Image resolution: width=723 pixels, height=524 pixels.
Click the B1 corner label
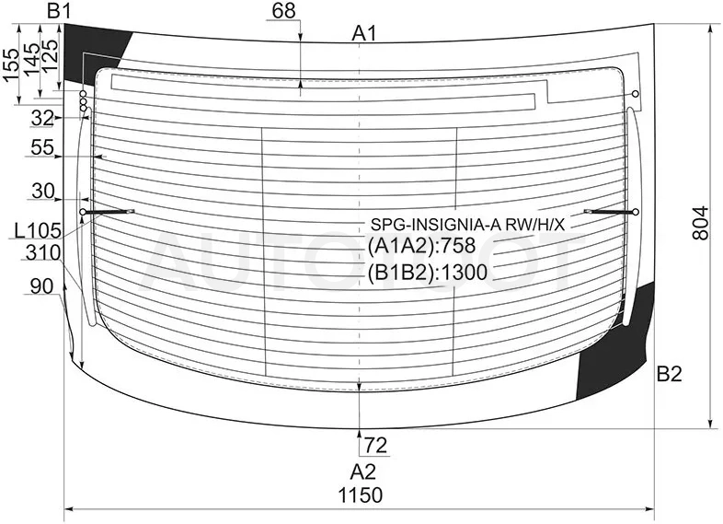tap(59, 11)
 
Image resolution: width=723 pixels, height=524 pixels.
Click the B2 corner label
tap(669, 374)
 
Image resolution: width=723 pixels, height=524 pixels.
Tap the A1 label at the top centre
tap(364, 34)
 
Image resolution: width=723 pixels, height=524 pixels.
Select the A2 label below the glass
tap(363, 472)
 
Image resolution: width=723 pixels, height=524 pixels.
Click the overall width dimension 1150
tap(361, 495)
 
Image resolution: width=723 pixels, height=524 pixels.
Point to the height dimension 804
tap(700, 223)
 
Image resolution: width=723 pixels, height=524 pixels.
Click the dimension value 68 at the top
tap(283, 11)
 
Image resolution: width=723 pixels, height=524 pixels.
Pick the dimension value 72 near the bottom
tap(375, 446)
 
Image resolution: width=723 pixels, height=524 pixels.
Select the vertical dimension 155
tap(11, 64)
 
